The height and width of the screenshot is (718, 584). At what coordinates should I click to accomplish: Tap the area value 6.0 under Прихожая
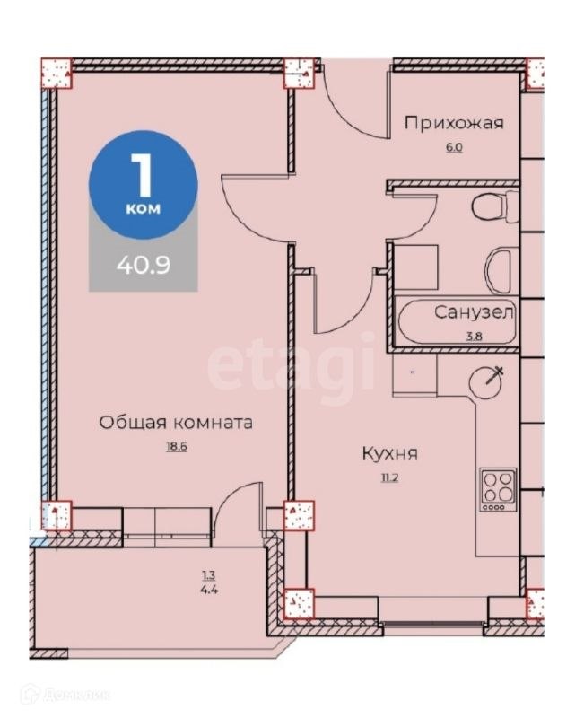453,146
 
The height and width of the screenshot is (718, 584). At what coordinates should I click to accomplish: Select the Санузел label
474,312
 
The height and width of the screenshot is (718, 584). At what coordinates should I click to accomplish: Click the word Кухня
389,454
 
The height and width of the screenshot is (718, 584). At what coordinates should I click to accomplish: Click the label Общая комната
176,422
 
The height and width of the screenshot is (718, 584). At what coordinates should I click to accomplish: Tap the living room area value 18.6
175,446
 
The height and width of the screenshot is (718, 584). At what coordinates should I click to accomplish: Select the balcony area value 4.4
209,591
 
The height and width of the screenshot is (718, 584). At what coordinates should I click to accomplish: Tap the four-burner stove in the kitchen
497,488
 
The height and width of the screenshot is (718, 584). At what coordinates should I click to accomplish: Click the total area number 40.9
143,266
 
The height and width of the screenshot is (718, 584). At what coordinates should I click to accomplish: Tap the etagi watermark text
291,366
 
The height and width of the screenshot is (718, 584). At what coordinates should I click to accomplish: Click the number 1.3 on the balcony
209,575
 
